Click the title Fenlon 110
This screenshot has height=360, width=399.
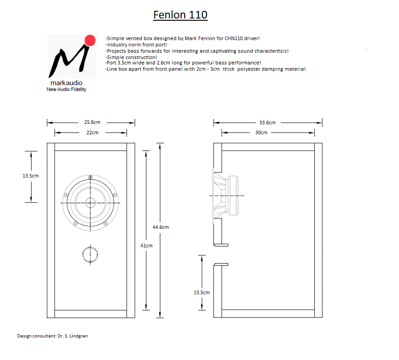pyautogui.click(x=180, y=15)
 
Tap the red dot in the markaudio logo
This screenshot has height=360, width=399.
pyautogui.click(x=90, y=41)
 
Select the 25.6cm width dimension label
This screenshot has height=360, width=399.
pyautogui.click(x=92, y=122)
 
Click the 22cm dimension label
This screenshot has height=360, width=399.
pyautogui.click(x=92, y=132)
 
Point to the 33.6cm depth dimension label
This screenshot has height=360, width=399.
pyautogui.click(x=267, y=123)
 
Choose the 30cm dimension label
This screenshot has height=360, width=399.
pyautogui.click(x=261, y=132)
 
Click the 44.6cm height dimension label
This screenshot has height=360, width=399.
pyautogui.click(x=161, y=227)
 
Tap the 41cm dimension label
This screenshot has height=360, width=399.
pyautogui.click(x=146, y=246)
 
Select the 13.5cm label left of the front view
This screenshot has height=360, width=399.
pyautogui.click(x=31, y=176)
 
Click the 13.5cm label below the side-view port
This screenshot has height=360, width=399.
pyautogui.click(x=202, y=292)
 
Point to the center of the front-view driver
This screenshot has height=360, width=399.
pyautogui.click(x=91, y=203)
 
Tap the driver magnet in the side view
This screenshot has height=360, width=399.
pyautogui.click(x=233, y=195)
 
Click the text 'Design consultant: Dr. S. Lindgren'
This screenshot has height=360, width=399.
pyautogui.click(x=52, y=336)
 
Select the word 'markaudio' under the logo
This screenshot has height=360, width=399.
pyautogui.click(x=66, y=83)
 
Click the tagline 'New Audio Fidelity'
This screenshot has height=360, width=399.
pyautogui.click(x=66, y=89)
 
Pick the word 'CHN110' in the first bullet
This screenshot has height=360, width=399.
pyautogui.click(x=234, y=38)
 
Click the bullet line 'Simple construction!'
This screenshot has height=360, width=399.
pyautogui.click(x=131, y=58)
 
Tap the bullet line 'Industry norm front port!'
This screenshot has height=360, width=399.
pyautogui.click(x=136, y=45)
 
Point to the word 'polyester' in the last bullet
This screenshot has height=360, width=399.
pyautogui.click(x=248, y=69)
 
